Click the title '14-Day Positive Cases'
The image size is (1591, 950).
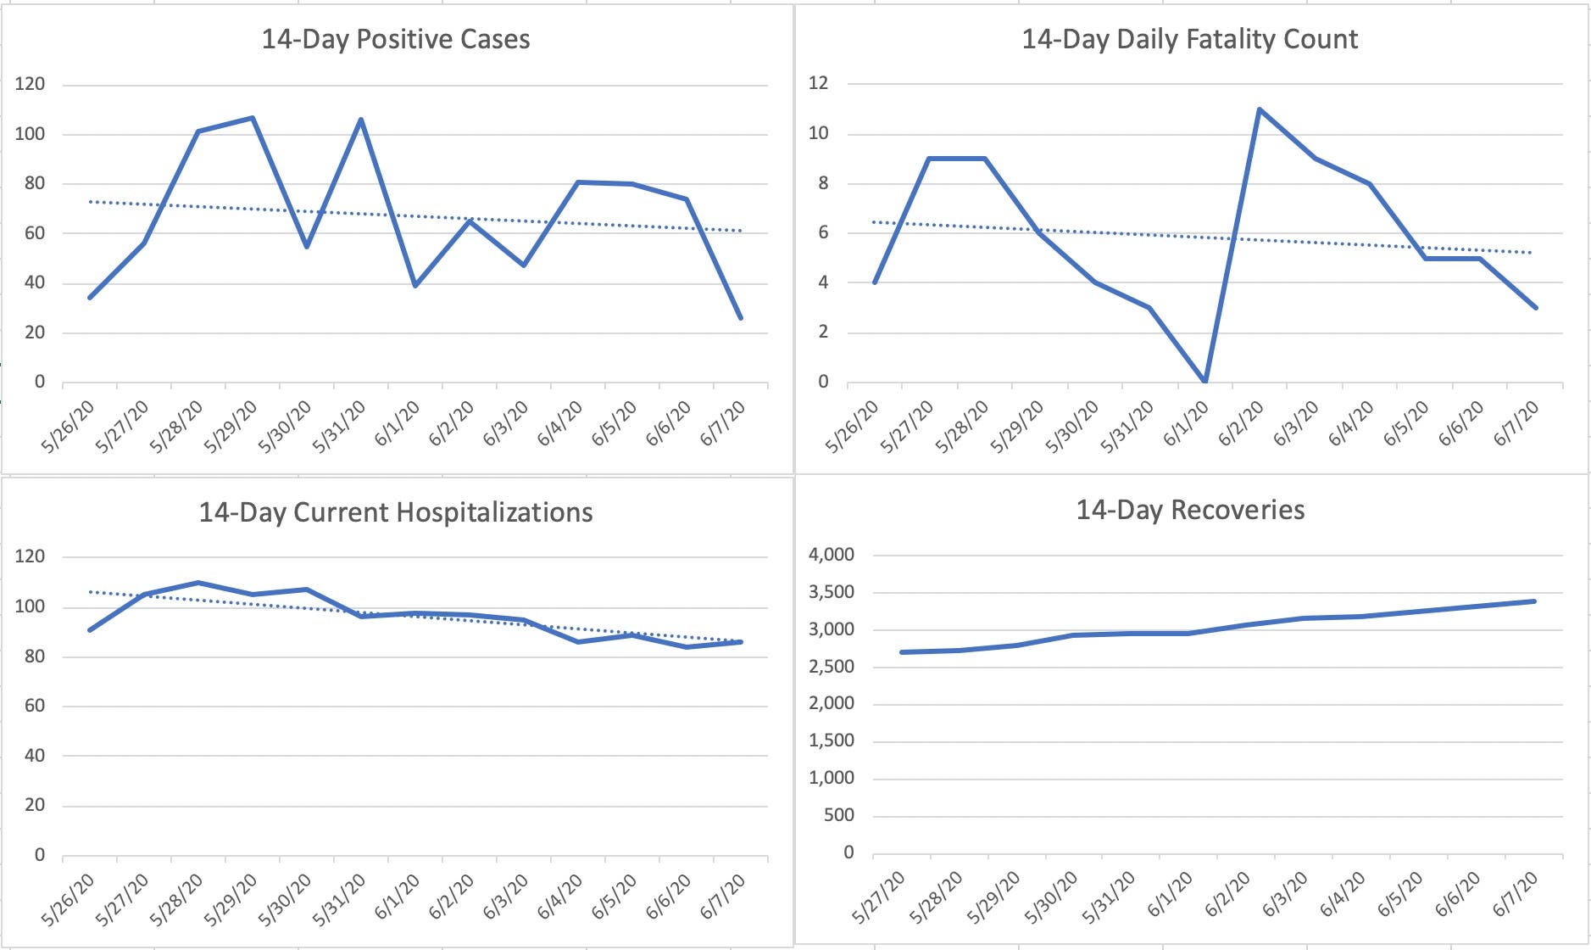click(x=395, y=40)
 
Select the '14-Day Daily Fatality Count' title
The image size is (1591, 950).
click(x=1189, y=40)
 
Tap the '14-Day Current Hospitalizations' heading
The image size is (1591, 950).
click(x=395, y=513)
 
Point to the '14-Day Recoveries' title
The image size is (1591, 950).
click(x=1190, y=510)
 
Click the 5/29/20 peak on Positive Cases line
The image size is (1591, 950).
click(x=253, y=118)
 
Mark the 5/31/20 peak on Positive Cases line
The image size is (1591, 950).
click(x=361, y=120)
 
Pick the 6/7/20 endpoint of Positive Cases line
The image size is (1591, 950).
click(x=741, y=318)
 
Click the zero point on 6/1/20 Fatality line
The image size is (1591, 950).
click(x=1204, y=382)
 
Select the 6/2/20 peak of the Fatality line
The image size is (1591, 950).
click(x=1260, y=109)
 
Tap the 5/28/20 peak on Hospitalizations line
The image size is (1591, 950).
click(x=198, y=583)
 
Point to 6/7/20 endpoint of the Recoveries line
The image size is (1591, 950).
click(x=1535, y=601)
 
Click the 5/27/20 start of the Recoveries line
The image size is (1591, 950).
click(x=901, y=652)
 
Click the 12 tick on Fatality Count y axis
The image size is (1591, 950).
click(x=818, y=83)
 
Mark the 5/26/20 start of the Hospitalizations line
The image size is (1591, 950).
click(x=90, y=629)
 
